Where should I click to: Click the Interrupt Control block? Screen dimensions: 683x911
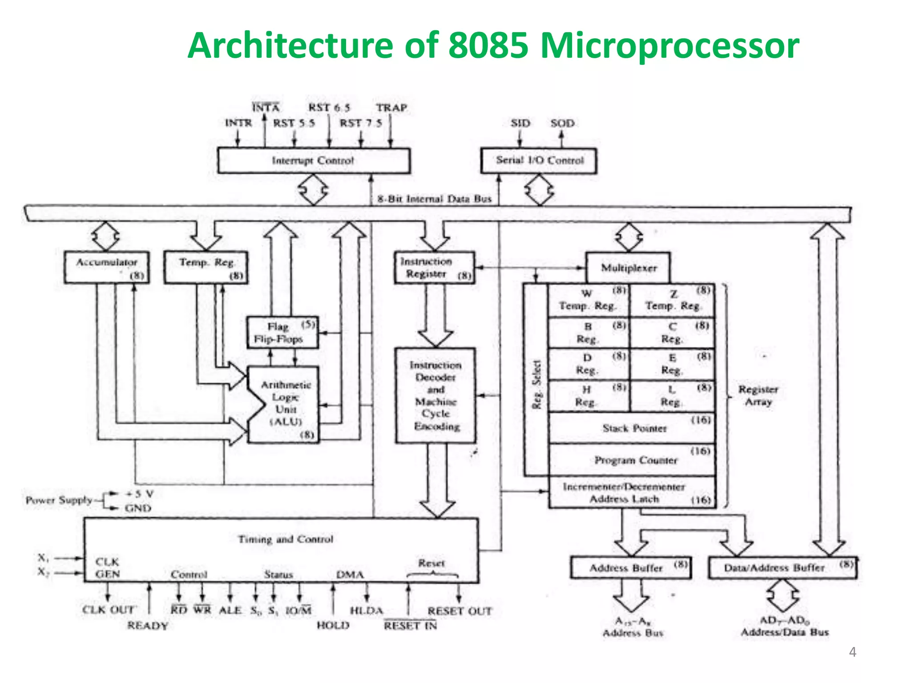(313, 161)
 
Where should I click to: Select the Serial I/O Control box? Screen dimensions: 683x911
(539, 161)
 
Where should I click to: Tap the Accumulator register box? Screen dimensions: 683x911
(106, 267)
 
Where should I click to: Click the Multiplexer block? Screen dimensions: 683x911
(628, 268)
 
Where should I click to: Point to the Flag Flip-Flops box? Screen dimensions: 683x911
(282, 333)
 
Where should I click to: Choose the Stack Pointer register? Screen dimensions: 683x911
(633, 428)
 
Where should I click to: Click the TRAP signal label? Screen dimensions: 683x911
(391, 108)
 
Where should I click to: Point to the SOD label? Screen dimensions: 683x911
(562, 123)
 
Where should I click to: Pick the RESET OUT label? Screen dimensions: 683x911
(460, 611)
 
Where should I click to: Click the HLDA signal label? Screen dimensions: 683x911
(367, 611)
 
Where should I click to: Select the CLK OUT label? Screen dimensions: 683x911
(108, 610)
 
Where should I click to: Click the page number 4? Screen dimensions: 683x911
(852, 652)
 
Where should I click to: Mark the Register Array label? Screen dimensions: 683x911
(758, 395)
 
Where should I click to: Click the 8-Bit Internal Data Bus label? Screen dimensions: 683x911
(434, 199)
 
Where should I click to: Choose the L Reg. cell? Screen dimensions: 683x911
(672, 396)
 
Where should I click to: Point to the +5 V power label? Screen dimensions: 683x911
(139, 494)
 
